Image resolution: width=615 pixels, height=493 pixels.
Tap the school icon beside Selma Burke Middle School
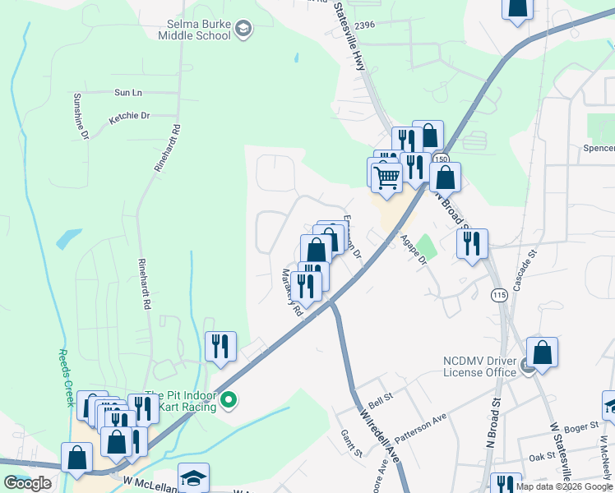click(x=243, y=30)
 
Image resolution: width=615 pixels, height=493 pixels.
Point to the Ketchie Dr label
click(x=130, y=117)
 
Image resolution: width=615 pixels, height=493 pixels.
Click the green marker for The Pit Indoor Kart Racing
click(x=229, y=401)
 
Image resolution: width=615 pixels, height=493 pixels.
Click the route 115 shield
click(x=498, y=295)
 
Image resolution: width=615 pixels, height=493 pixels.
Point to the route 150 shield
click(x=442, y=159)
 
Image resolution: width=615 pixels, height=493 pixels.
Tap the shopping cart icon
click(x=386, y=176)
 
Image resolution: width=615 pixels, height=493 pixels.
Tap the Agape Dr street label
click(x=414, y=249)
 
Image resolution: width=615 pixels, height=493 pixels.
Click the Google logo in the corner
click(x=28, y=483)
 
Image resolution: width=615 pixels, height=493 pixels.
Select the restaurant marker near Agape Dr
click(x=472, y=243)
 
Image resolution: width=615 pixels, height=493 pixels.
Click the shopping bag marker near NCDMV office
click(x=542, y=352)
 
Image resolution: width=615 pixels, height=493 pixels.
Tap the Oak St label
click(x=542, y=457)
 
